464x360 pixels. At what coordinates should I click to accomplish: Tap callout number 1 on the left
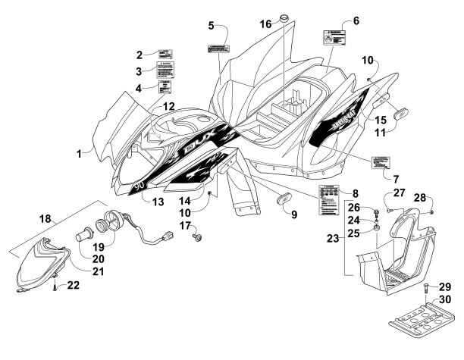click(x=78, y=154)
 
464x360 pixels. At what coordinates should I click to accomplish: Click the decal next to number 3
click(x=167, y=70)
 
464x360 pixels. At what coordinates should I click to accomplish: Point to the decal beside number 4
click(x=165, y=85)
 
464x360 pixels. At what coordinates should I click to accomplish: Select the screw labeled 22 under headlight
click(x=55, y=286)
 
